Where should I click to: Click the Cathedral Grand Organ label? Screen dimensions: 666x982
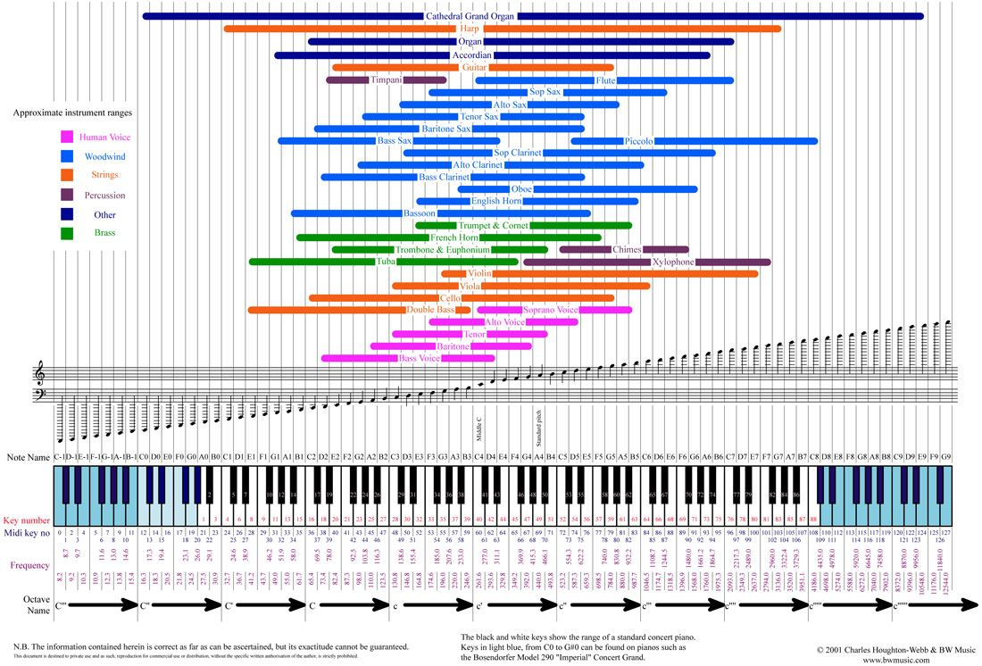pyautogui.click(x=470, y=16)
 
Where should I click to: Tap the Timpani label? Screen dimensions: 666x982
pyautogui.click(x=387, y=80)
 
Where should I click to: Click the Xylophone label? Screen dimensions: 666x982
pyautogui.click(x=673, y=262)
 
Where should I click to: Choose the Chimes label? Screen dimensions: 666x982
pyautogui.click(x=627, y=250)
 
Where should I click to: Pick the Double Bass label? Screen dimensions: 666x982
pyautogui.click(x=432, y=310)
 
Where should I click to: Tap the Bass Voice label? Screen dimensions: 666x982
pyautogui.click(x=420, y=359)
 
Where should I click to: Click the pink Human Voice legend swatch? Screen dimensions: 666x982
pyautogui.click(x=67, y=137)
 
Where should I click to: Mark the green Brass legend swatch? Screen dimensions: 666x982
pyautogui.click(x=67, y=234)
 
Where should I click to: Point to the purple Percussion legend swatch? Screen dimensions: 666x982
pyautogui.click(x=67, y=195)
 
